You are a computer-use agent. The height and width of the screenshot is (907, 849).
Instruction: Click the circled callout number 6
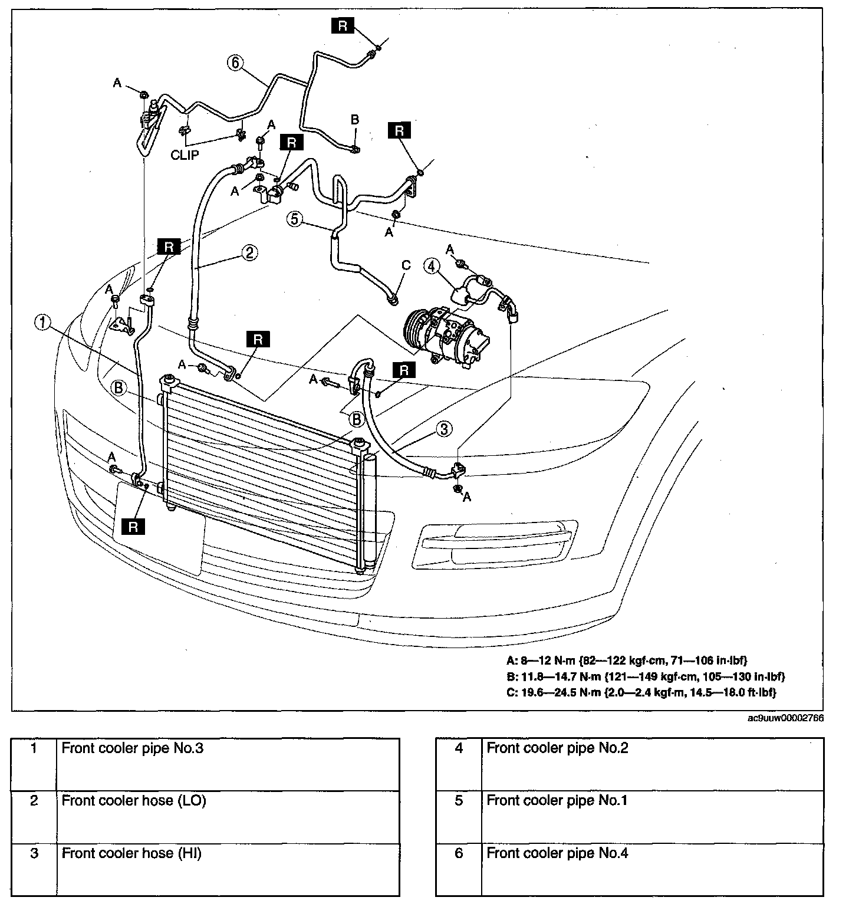pyautogui.click(x=235, y=63)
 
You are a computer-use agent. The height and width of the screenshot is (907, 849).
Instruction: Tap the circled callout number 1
pyautogui.click(x=42, y=322)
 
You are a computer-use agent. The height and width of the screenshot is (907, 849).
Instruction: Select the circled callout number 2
pyautogui.click(x=249, y=252)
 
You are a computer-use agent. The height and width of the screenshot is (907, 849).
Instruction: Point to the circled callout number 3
pyautogui.click(x=444, y=429)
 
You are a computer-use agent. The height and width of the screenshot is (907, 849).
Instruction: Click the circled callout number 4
pyautogui.click(x=432, y=267)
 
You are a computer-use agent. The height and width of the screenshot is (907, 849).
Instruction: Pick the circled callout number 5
pyautogui.click(x=296, y=219)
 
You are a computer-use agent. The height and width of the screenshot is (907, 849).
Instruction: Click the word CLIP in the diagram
pyautogui.click(x=185, y=156)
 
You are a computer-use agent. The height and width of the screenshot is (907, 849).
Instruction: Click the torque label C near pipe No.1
pyautogui.click(x=406, y=265)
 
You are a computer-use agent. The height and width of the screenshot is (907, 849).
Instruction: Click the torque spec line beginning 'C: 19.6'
pyautogui.click(x=641, y=692)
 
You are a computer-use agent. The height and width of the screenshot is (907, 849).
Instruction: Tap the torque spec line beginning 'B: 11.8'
pyautogui.click(x=646, y=676)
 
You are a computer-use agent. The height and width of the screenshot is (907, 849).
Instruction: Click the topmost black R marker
pyautogui.click(x=343, y=25)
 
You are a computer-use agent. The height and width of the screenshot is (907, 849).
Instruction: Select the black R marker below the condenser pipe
pyautogui.click(x=133, y=527)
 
